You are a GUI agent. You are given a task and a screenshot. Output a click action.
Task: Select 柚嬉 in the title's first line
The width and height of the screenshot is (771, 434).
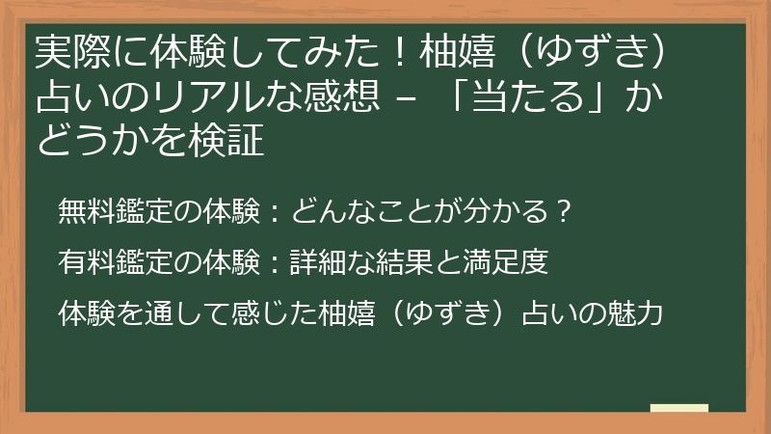457,52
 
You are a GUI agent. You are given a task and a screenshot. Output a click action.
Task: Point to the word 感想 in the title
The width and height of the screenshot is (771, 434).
342,95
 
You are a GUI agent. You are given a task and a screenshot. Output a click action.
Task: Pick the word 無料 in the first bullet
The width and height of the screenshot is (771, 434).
87,211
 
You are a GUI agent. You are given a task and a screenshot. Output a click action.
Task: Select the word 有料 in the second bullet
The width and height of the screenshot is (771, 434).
87,262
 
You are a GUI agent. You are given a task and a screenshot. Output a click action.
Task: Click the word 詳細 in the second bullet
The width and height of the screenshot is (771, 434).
318,262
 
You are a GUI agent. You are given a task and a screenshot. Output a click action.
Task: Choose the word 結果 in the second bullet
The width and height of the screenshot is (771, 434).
404,262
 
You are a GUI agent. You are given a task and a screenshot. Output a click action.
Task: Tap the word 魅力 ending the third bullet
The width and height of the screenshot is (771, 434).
634,313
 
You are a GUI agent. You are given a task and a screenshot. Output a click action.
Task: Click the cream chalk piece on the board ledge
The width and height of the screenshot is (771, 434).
679,408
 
